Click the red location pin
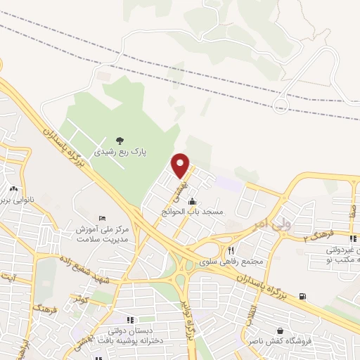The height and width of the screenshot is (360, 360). point(181,165)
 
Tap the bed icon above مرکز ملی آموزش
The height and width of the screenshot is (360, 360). point(103,219)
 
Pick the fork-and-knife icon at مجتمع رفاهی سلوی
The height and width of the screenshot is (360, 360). point(230,250)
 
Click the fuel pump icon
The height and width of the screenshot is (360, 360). point(302,296)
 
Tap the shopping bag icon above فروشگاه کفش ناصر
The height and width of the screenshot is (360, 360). point(281,330)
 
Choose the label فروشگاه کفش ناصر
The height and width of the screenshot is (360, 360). point(280,341)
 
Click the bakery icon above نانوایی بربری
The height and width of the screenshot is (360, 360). point(13,188)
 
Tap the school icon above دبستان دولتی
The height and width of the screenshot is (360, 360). point(129,320)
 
